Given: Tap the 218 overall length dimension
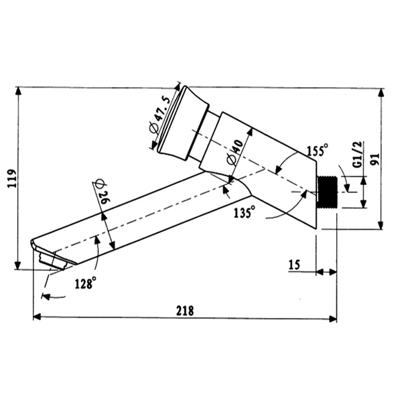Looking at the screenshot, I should [x=184, y=311].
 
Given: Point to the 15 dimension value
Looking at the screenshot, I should [x=293, y=265].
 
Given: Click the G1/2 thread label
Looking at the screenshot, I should [x=357, y=155].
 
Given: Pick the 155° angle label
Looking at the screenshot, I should [x=318, y=149].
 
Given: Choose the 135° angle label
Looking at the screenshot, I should [x=245, y=213].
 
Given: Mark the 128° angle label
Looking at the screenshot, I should [x=85, y=283].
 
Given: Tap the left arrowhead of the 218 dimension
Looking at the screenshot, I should [x=37, y=318].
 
